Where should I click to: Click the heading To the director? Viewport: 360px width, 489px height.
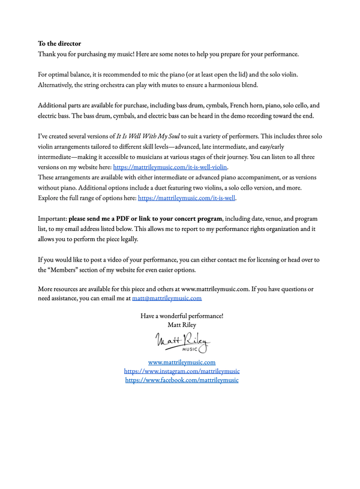tap(59, 43)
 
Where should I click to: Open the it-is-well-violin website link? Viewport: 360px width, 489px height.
tap(170, 167)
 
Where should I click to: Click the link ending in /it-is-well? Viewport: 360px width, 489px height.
tap(187, 197)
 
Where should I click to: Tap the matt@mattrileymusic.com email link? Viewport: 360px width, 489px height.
tap(167, 298)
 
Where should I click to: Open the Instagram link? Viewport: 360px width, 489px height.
tap(181, 371)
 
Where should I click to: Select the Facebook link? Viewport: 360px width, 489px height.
tap(181, 380)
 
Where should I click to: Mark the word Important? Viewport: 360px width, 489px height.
tap(52, 218)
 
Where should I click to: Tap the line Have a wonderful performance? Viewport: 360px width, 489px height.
tap(181, 316)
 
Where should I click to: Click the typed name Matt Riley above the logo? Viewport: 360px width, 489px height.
tap(181, 325)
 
